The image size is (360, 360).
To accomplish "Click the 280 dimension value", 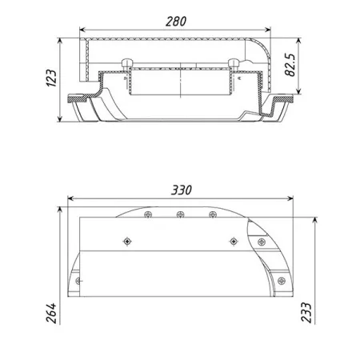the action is [176, 22].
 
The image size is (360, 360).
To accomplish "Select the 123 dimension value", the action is [51, 78].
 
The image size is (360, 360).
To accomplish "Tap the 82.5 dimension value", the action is [290, 65].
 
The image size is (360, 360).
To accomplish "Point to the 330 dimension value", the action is [182, 190].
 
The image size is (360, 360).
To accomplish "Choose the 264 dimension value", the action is [51, 313].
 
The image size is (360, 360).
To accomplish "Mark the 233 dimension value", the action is [306, 313].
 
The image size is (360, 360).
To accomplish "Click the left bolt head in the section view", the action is [126, 62].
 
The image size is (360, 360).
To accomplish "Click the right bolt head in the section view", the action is [234, 62].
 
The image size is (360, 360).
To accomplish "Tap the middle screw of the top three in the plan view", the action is [180, 214].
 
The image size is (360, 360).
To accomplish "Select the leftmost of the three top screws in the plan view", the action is [148, 214].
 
